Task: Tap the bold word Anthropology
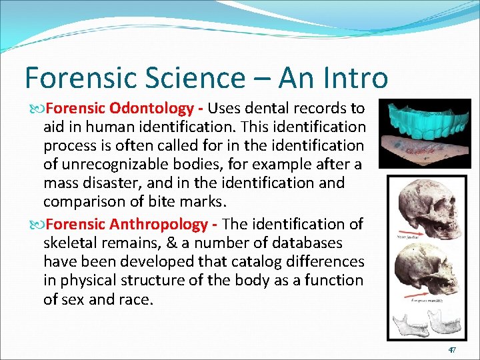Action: pyautogui.click(x=167, y=224)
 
